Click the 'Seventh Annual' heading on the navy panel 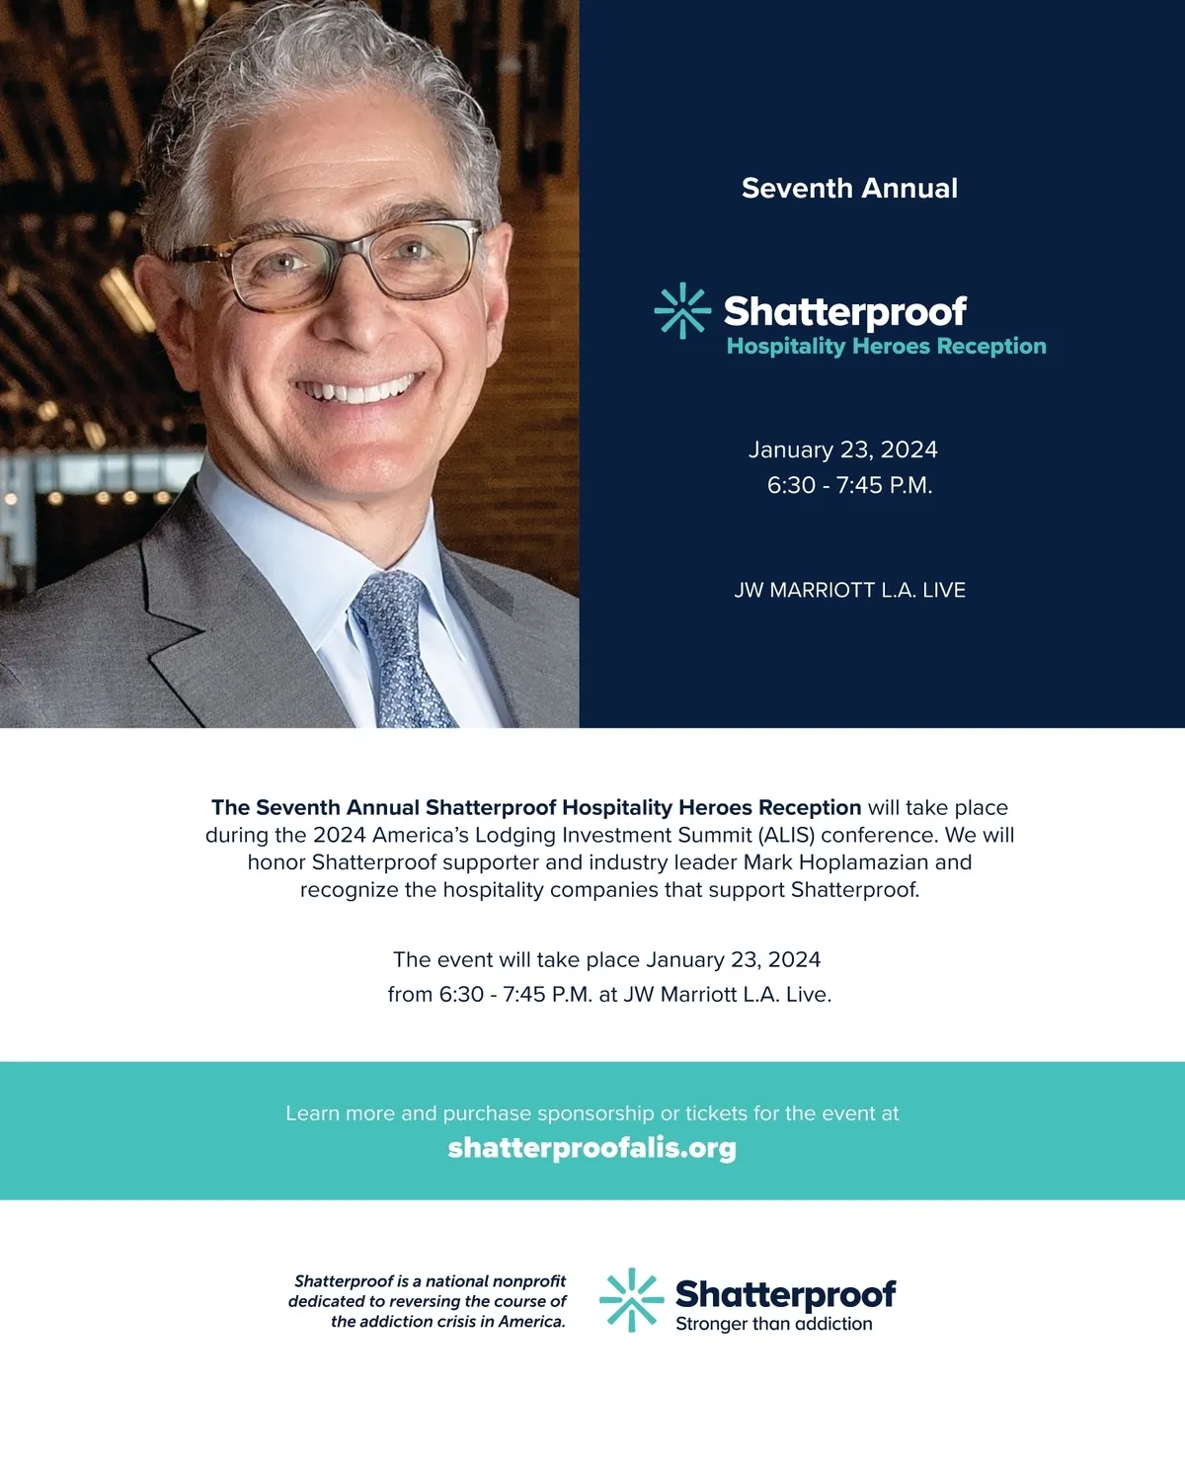[x=849, y=189]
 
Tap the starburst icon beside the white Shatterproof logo [x=681, y=311]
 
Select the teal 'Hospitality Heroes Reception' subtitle [x=886, y=347]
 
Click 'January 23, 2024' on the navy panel [x=842, y=450]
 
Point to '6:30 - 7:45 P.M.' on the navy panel [x=849, y=485]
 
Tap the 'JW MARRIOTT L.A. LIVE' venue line [x=849, y=591]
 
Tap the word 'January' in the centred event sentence [x=684, y=960]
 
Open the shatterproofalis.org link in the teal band [x=592, y=1148]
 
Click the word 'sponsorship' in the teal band [x=596, y=1113]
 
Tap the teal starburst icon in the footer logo [x=631, y=1300]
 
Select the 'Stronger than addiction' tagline [x=773, y=1325]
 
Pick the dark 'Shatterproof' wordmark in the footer [x=785, y=1293]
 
